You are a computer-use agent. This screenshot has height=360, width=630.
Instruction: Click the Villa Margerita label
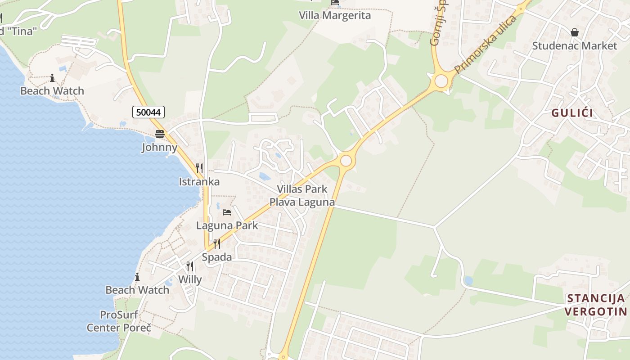[x=335, y=16]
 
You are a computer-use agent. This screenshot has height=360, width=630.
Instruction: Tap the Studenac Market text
[x=575, y=46]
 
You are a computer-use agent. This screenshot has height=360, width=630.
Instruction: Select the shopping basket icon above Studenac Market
[x=575, y=32]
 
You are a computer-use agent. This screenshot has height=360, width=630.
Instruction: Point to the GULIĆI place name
[x=572, y=113]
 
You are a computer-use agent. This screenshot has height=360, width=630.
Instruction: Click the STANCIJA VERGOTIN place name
[x=596, y=305]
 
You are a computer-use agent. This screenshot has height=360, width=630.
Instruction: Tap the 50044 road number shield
[x=148, y=112]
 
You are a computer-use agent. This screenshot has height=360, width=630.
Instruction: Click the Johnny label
[x=159, y=147]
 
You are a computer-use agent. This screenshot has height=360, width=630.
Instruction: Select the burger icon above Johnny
[x=159, y=134]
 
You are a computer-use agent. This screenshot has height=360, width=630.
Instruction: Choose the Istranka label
[x=199, y=182]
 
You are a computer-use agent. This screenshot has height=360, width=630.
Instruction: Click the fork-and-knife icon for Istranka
[x=199, y=168]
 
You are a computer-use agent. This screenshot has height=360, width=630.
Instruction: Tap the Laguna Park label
[x=227, y=225]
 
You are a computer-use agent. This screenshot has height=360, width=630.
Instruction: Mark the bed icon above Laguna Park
[x=227, y=212]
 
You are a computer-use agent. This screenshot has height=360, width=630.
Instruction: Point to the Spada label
[x=217, y=257]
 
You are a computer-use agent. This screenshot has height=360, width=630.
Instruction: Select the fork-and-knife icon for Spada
[x=217, y=244]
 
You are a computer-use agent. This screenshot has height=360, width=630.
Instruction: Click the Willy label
[x=190, y=279]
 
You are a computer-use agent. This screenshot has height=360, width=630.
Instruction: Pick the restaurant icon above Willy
[x=190, y=266]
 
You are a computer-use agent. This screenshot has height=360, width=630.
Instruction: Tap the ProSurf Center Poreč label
[x=119, y=321]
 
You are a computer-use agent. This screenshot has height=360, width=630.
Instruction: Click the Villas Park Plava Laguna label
[x=302, y=195]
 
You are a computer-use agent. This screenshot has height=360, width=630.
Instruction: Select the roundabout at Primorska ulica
[x=441, y=81]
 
